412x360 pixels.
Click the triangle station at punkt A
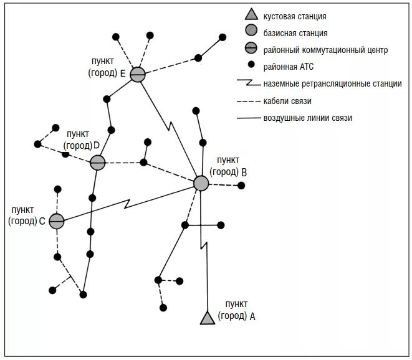[x=207, y=317]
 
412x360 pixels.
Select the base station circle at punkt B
[x=201, y=182]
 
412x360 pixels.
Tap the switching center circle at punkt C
[x=57, y=220]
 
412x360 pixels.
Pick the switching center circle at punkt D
[x=97, y=163]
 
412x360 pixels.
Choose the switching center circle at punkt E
[x=137, y=74]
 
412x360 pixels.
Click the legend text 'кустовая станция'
[x=295, y=17]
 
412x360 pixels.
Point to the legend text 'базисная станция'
[x=295, y=33]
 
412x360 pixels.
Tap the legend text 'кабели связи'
[x=287, y=101]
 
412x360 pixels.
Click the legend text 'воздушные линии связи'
[x=308, y=118]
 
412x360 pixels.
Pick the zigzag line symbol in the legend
[x=249, y=83]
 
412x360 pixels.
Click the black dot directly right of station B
[x=241, y=185]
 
